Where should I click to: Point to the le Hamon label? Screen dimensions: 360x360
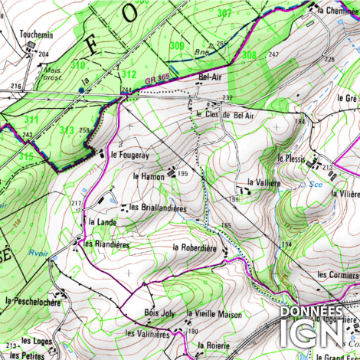tap(149, 175)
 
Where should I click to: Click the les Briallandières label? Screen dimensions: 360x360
tap(159, 207)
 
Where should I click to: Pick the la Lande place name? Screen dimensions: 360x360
tap(101, 222)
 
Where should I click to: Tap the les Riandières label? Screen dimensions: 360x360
tap(106, 244)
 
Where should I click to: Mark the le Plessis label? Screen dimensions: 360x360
tap(291, 159)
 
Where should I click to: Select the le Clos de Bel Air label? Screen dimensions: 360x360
tap(224, 114)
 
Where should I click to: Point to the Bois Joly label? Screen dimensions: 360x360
tap(159, 313)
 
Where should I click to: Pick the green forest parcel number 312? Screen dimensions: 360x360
tap(128, 74)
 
